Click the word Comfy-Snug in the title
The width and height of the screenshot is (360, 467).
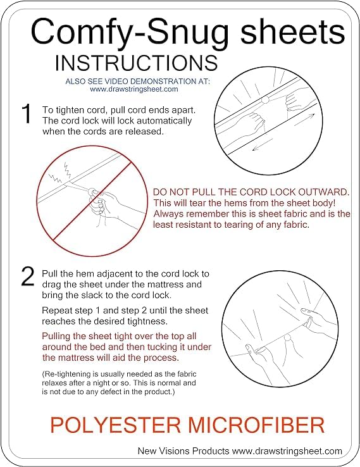(x=129, y=32)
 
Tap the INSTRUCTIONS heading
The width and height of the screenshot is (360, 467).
(x=137, y=63)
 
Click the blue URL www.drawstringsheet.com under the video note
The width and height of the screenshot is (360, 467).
(x=134, y=89)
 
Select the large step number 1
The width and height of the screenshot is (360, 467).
(x=27, y=114)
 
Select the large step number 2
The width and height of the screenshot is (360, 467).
(x=27, y=277)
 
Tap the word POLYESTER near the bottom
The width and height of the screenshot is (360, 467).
(x=116, y=425)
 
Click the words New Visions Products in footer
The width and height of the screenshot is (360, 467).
(x=183, y=451)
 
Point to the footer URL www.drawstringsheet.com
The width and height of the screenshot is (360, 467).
(x=287, y=452)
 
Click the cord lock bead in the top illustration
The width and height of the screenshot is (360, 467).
(x=264, y=100)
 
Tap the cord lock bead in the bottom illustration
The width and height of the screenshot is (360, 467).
(x=287, y=339)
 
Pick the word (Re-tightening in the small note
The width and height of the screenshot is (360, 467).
(x=62, y=375)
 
